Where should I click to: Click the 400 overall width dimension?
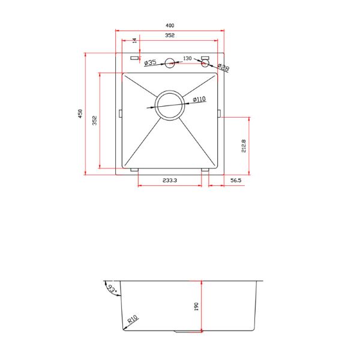point(170,25)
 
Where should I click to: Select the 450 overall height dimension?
point(80,113)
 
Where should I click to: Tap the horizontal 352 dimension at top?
point(170,35)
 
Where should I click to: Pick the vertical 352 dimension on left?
point(95,121)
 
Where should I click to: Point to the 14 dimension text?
point(135,41)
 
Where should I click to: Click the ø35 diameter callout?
point(151,62)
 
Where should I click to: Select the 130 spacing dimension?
point(187,58)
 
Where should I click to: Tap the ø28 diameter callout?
point(223,67)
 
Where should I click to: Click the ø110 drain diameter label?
point(199,99)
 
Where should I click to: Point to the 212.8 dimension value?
point(244,146)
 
